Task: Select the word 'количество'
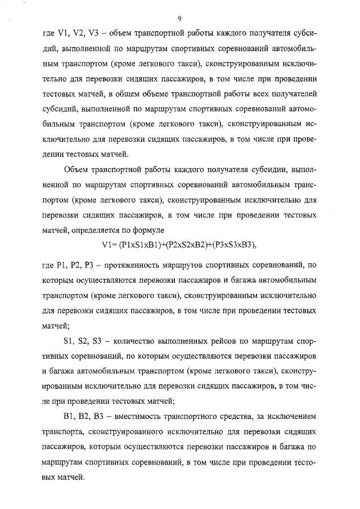tap(137, 342)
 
